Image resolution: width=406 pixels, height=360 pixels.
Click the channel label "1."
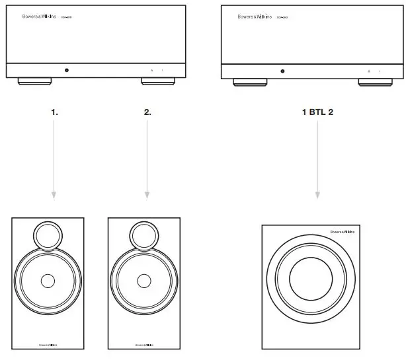(x=55, y=112)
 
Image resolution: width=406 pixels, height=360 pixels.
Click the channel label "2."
(x=147, y=112)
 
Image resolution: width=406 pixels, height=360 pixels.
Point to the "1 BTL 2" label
(x=317, y=112)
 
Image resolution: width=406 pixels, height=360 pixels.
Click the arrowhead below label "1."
(x=54, y=195)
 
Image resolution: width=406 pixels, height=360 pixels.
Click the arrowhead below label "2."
(x=147, y=195)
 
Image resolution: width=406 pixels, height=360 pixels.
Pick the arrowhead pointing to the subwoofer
(x=317, y=195)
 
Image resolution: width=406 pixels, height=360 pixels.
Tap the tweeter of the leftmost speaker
(x=47, y=235)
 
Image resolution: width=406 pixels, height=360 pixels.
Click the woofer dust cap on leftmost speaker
(x=47, y=281)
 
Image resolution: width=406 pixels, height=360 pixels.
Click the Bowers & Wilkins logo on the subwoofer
(x=343, y=233)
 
